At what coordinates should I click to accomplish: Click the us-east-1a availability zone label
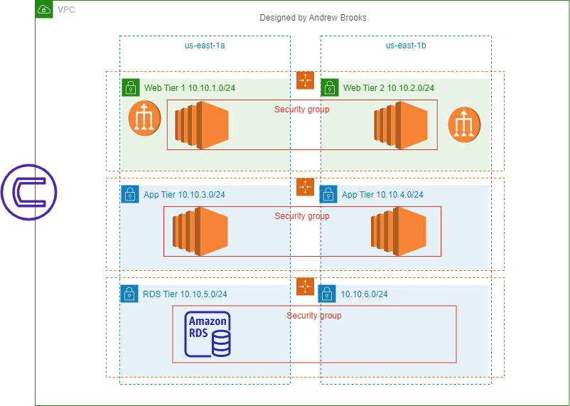click(205, 46)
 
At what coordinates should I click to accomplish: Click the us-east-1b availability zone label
click(406, 46)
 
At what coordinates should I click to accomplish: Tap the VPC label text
click(66, 10)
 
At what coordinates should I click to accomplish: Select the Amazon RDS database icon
click(208, 334)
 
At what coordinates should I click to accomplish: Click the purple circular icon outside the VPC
click(28, 191)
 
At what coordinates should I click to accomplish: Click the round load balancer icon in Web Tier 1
click(144, 118)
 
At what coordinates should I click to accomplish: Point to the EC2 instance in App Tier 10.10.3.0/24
click(200, 231)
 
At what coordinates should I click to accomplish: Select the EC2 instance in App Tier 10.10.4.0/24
click(398, 231)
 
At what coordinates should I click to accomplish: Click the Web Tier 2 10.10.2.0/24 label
click(388, 88)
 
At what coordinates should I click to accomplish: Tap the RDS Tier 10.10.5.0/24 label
click(185, 294)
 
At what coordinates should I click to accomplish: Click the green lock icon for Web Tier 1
click(130, 87)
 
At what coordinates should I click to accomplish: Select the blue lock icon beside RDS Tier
click(129, 293)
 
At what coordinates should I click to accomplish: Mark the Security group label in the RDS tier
click(314, 316)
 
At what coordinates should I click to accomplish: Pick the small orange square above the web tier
click(305, 80)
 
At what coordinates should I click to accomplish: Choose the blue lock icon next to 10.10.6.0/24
click(327, 293)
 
